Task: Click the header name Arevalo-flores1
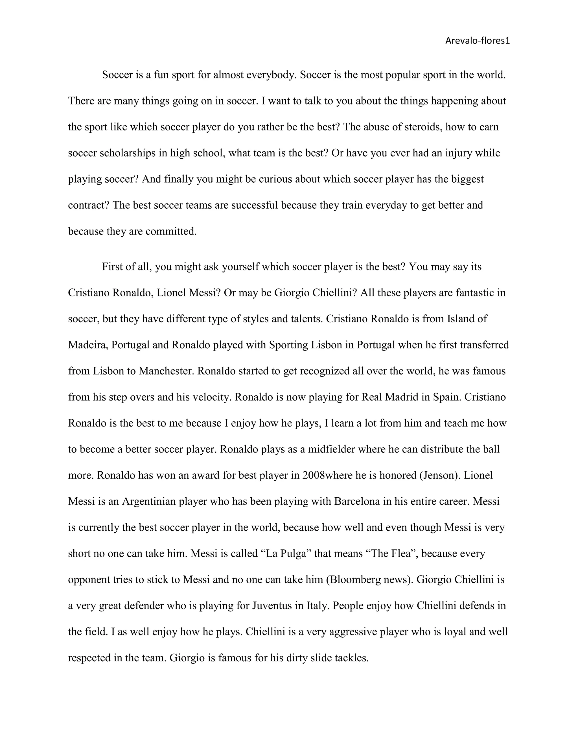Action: pyautogui.click(x=477, y=41)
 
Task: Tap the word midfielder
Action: pyautogui.click(x=331, y=449)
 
